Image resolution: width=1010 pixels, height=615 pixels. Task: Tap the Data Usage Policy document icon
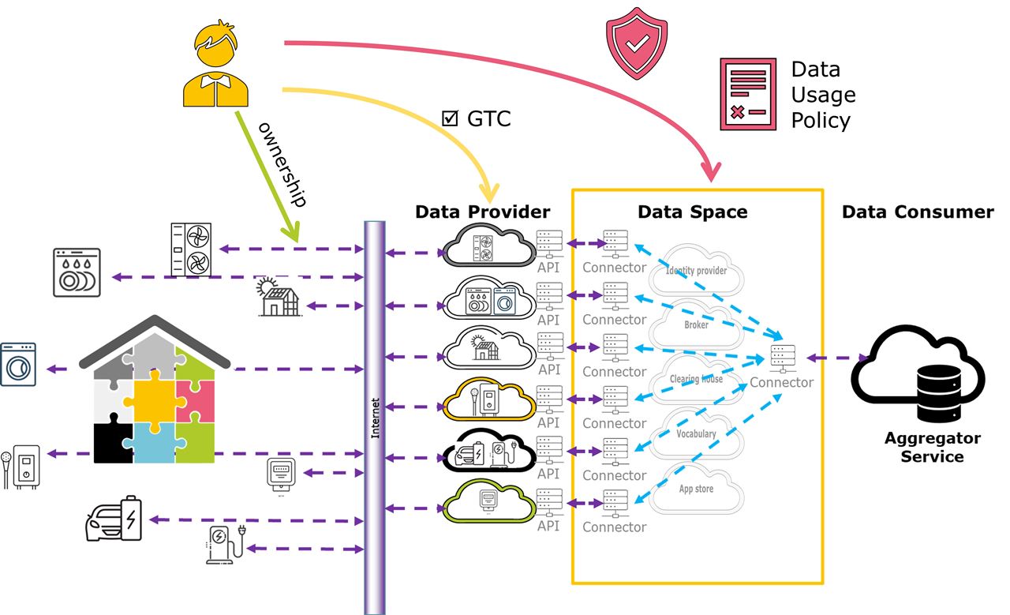(x=747, y=93)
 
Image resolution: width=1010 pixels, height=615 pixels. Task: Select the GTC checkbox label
(x=477, y=119)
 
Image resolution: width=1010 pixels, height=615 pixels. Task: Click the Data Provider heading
(x=482, y=212)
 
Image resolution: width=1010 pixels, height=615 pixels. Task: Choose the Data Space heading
(x=692, y=212)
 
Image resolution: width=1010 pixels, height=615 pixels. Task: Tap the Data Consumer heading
(x=918, y=212)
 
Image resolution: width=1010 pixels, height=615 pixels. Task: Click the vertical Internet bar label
(x=375, y=417)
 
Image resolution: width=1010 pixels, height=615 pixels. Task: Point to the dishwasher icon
(x=77, y=272)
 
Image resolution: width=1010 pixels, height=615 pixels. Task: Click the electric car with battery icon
(x=114, y=519)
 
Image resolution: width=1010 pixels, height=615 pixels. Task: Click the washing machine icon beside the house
(x=19, y=364)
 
